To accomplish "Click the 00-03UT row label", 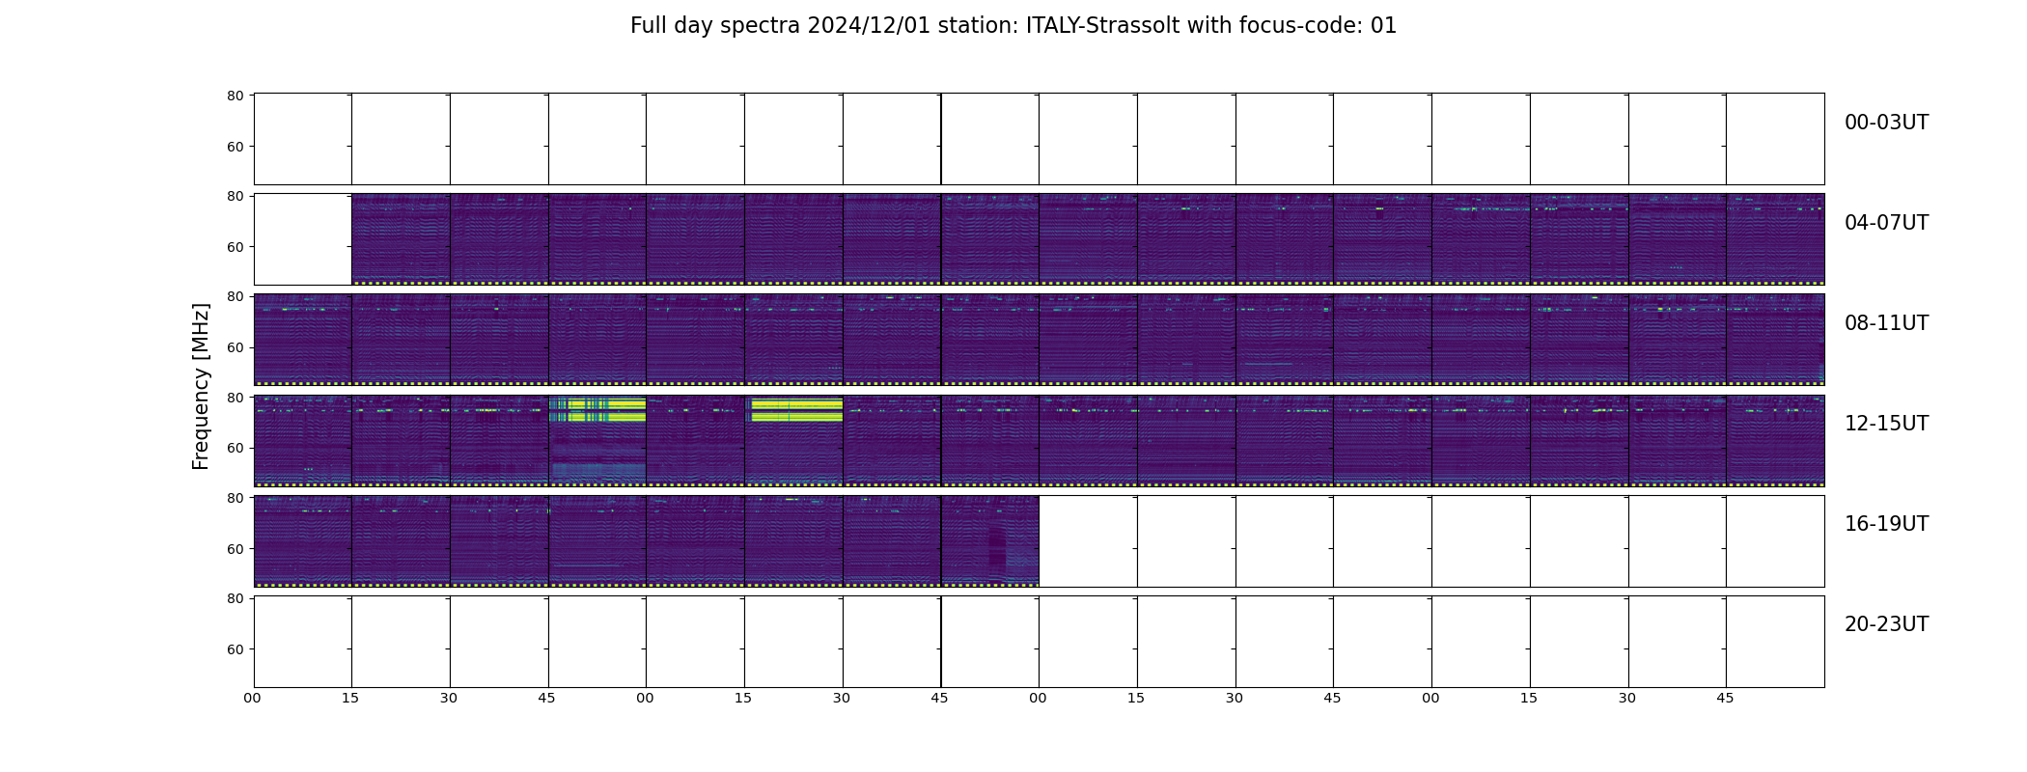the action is [1886, 123].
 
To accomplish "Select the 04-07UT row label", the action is [1886, 223].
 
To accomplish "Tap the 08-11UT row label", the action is [1886, 323].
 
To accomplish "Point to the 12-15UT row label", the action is [1886, 424].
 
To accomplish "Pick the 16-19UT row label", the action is [1886, 524].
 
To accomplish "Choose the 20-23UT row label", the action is [1886, 624].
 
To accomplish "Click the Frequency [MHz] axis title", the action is [201, 386].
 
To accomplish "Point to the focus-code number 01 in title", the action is [1383, 26].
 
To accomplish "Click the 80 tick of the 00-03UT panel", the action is [235, 96].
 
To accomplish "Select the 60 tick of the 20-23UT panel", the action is [235, 649].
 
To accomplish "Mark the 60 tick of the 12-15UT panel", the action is [235, 448].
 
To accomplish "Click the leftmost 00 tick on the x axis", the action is [252, 698].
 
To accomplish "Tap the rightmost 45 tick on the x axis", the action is [1725, 698].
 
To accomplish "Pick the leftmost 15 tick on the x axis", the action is [350, 698].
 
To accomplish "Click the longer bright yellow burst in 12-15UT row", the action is [796, 410].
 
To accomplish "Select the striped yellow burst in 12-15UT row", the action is [597, 410].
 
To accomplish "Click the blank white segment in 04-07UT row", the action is [303, 239].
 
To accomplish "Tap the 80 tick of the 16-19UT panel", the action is [235, 498].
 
